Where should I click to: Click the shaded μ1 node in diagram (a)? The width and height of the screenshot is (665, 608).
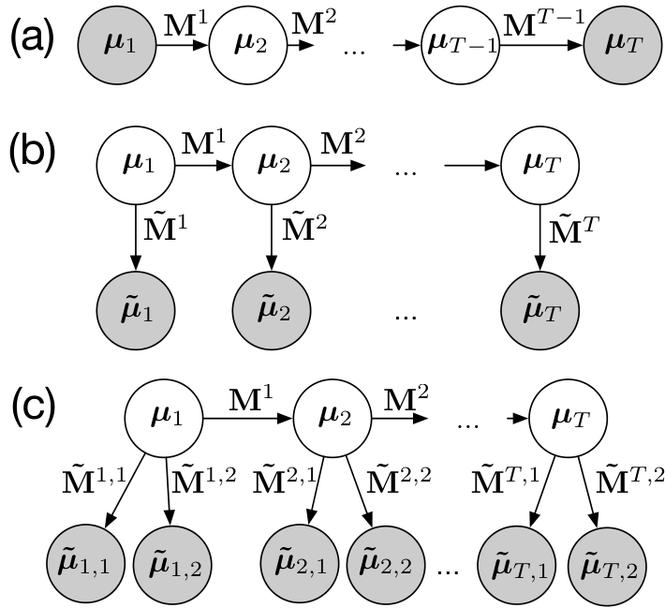pyautogui.click(x=117, y=45)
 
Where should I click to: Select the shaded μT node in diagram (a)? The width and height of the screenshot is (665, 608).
pyautogui.click(x=623, y=45)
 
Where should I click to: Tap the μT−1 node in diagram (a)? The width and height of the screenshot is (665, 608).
pyautogui.click(x=461, y=45)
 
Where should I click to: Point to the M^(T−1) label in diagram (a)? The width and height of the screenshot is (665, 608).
pyautogui.click(x=544, y=22)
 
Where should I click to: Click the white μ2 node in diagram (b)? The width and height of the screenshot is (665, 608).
pyautogui.click(x=272, y=166)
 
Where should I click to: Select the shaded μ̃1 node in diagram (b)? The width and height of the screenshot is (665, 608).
pyautogui.click(x=136, y=311)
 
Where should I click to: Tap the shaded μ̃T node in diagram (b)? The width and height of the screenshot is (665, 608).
pyautogui.click(x=539, y=311)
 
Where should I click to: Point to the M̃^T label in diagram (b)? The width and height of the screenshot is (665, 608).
pyautogui.click(x=573, y=230)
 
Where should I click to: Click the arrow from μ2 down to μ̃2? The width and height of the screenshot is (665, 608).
pyautogui.click(x=272, y=238)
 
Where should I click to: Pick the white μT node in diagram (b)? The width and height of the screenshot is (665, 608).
pyautogui.click(x=539, y=166)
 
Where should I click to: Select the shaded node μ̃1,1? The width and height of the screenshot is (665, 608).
pyautogui.click(x=86, y=566)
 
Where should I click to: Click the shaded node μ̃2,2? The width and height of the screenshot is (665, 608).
pyautogui.click(x=387, y=566)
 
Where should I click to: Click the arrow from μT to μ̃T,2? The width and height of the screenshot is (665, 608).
pyautogui.click(x=587, y=492)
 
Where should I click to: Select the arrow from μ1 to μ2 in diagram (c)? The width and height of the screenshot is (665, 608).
pyautogui.click(x=248, y=419)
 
